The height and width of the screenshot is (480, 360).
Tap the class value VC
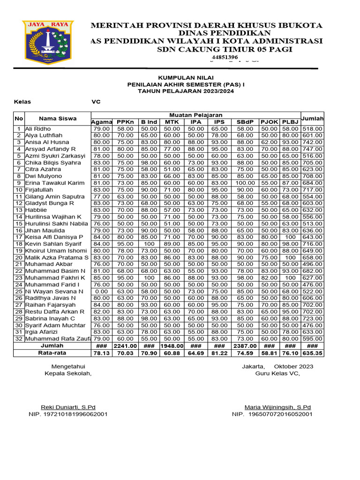point(96,102)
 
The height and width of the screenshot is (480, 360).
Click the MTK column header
point(172,122)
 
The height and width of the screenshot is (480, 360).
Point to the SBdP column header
point(245,122)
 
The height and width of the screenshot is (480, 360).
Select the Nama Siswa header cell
point(58,119)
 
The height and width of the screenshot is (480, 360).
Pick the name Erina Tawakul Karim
point(55,183)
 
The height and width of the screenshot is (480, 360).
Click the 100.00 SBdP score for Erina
point(245,183)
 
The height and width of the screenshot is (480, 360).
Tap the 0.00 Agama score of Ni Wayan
point(101,292)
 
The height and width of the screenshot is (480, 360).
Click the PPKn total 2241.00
point(125,346)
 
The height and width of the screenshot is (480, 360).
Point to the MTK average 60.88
point(172,353)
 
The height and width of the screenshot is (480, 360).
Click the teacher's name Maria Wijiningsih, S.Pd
point(277,407)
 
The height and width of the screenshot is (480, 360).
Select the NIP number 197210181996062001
point(75,414)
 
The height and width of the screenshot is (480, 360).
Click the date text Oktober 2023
point(293,367)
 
